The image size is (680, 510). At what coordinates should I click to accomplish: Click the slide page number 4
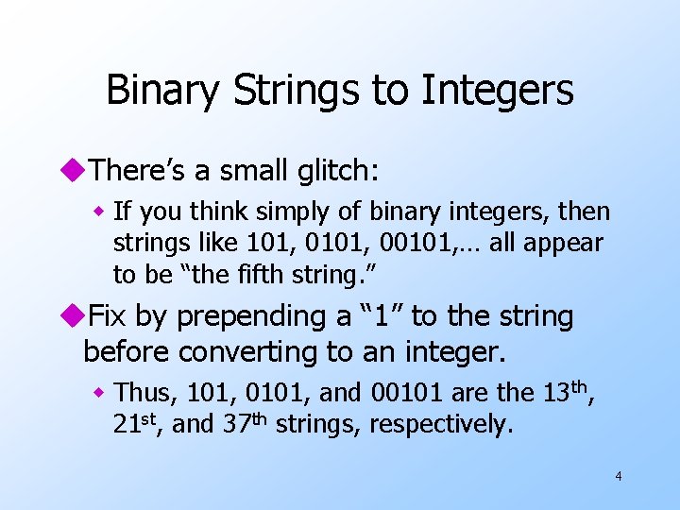(x=618, y=476)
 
